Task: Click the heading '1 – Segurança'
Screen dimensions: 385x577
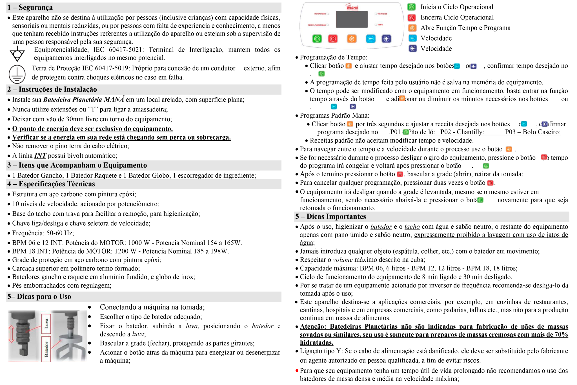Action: (30, 8)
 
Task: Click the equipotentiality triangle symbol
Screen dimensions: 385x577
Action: (17, 54)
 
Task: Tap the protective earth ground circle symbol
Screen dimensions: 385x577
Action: (17, 74)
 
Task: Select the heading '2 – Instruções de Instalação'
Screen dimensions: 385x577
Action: (52, 89)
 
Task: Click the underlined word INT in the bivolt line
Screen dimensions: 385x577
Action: (40, 156)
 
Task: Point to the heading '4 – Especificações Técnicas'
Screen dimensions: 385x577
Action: (51, 184)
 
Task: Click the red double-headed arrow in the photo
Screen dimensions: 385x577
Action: (12, 334)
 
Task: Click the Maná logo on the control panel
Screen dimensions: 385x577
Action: (352, 7)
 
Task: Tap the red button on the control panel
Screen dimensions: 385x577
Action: (333, 39)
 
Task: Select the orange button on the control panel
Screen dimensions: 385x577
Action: (352, 39)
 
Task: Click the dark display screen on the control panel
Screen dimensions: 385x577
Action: (352, 19)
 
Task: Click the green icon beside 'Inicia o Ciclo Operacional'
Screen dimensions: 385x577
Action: (412, 7)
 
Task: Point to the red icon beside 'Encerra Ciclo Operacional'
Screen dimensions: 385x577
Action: (412, 17)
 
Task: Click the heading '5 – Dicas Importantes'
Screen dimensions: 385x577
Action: (330, 217)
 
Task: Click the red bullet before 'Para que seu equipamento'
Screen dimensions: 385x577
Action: (297, 371)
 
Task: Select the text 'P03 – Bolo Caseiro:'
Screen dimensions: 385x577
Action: (532, 132)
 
